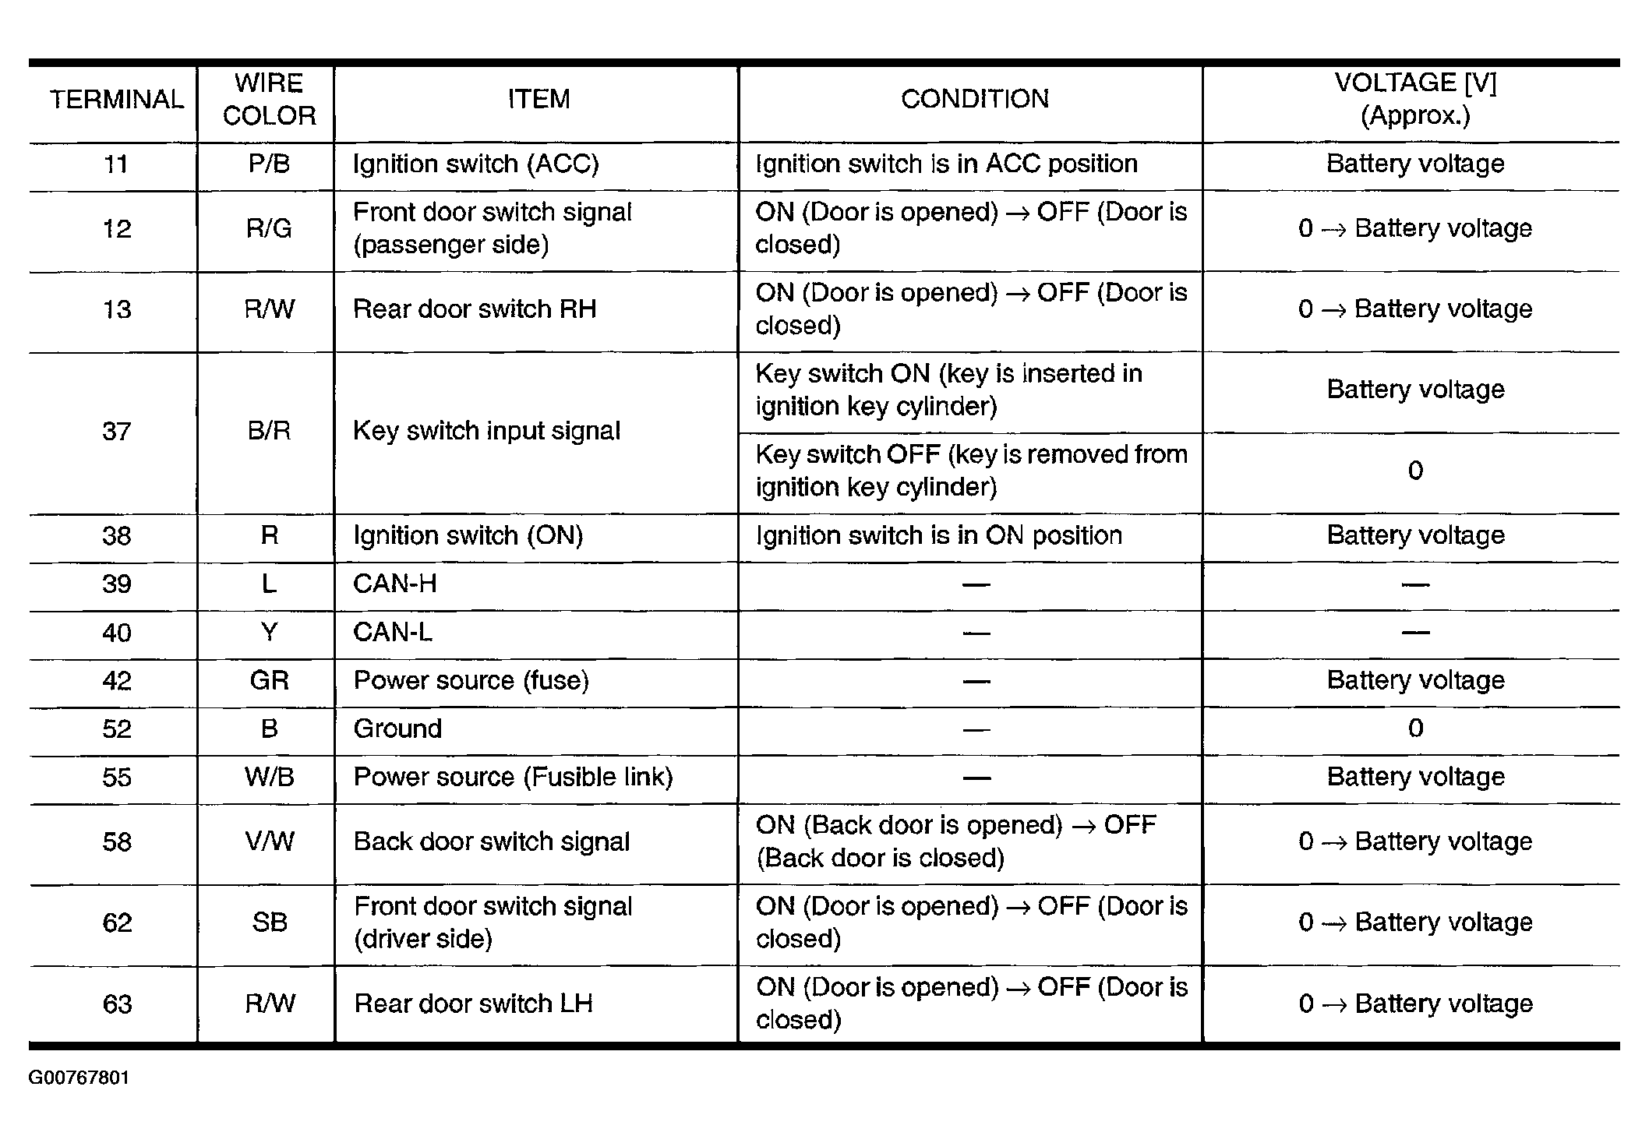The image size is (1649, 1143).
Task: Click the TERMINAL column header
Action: pos(116,100)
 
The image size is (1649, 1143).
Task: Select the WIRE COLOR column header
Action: pos(269,100)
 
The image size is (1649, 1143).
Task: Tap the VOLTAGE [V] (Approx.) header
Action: pos(1414,99)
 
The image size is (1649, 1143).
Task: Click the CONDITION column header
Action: pos(974,99)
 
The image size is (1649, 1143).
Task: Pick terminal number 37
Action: pos(116,431)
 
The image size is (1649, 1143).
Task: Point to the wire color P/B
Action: pos(269,164)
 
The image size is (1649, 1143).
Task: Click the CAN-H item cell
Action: pos(394,584)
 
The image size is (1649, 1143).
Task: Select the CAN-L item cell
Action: pos(392,633)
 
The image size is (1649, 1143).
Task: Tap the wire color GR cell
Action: pos(269,681)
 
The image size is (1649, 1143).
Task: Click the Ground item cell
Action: pos(397,729)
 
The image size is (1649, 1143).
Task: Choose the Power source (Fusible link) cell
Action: pos(513,778)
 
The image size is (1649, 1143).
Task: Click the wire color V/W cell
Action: pos(269,842)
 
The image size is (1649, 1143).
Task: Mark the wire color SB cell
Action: pos(269,923)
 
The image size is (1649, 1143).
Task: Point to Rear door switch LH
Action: pos(473,1004)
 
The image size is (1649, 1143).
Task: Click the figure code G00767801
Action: pos(79,1078)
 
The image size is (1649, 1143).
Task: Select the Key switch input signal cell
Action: pos(486,431)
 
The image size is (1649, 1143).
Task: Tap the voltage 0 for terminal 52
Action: pos(1415,729)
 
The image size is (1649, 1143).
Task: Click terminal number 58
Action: pos(116,842)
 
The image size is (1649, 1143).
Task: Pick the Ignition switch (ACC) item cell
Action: pos(475,164)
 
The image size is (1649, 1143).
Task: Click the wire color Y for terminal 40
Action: pos(269,633)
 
